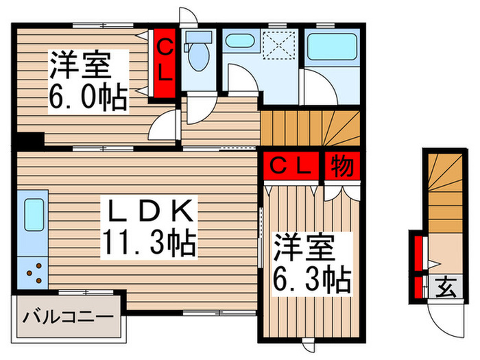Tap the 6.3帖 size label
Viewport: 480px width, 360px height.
click(312, 279)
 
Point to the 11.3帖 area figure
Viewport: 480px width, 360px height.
click(149, 241)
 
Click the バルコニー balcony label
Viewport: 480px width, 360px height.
click(68, 317)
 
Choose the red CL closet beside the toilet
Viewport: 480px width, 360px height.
click(165, 59)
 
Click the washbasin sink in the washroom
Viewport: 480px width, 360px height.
click(239, 40)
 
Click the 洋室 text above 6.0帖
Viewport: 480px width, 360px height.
click(79, 67)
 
